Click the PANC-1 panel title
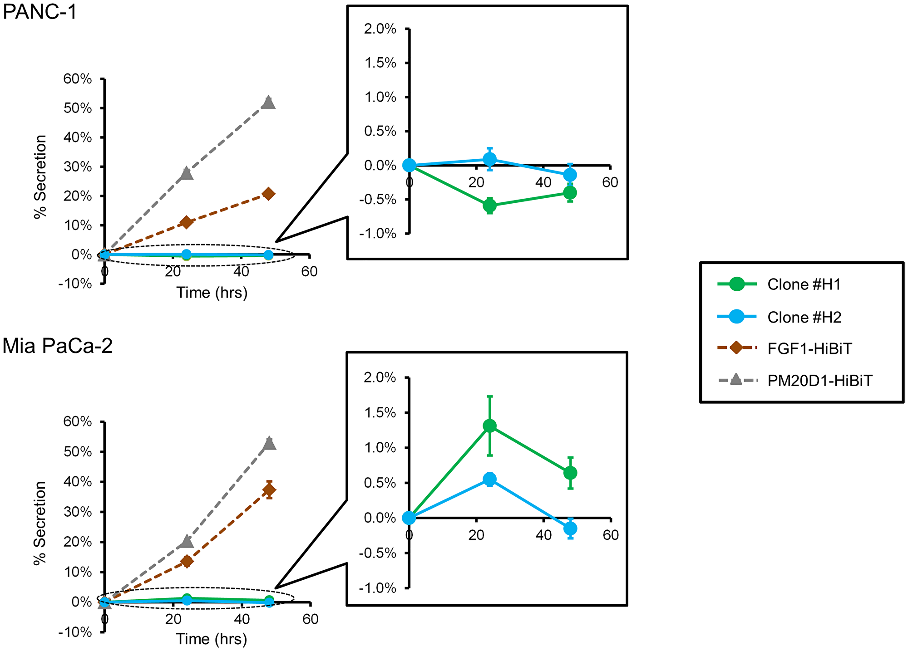pos(40,12)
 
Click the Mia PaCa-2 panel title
pos(58,347)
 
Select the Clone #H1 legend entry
pos(804,284)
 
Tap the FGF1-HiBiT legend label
pos(809,348)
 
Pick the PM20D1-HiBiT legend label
pos(820,381)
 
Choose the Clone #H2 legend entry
pos(804,317)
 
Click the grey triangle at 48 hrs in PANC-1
pos(269,102)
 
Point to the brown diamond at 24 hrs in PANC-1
pos(186,222)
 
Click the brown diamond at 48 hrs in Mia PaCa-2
pos(269,489)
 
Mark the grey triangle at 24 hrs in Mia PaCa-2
pos(187,541)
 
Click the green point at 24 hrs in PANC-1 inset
pos(489,206)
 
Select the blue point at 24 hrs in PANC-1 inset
pos(489,159)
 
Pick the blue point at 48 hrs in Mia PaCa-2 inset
pos(570,529)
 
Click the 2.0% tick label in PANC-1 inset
pos(380,29)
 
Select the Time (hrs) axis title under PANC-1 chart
pos(212,293)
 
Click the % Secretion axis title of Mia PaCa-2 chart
pos(40,523)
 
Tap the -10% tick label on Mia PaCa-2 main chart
pos(75,632)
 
